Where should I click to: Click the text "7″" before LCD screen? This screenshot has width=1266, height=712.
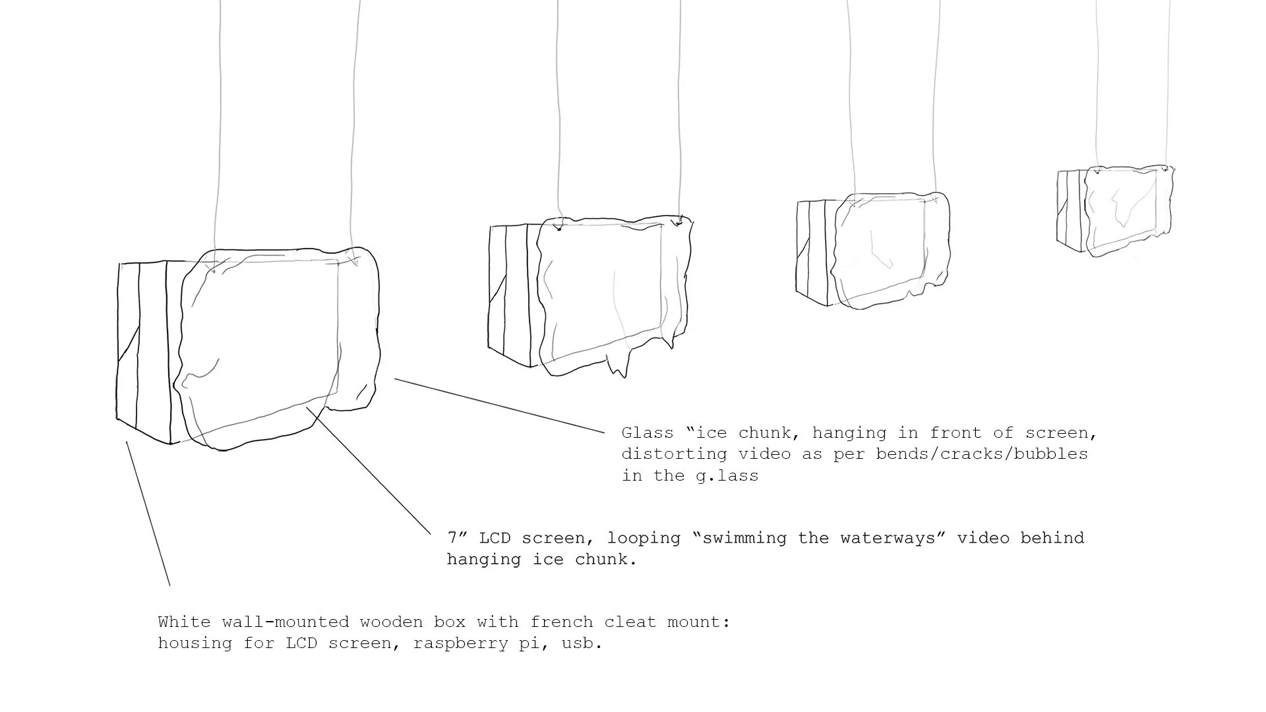(x=457, y=537)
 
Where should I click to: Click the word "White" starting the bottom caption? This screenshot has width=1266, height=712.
(x=184, y=622)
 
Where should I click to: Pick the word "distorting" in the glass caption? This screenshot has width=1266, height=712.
(x=675, y=454)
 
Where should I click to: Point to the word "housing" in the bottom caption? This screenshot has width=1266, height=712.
(x=195, y=643)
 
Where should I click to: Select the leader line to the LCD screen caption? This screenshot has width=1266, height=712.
(x=369, y=471)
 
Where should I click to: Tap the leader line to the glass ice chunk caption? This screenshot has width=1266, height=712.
(x=499, y=405)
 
